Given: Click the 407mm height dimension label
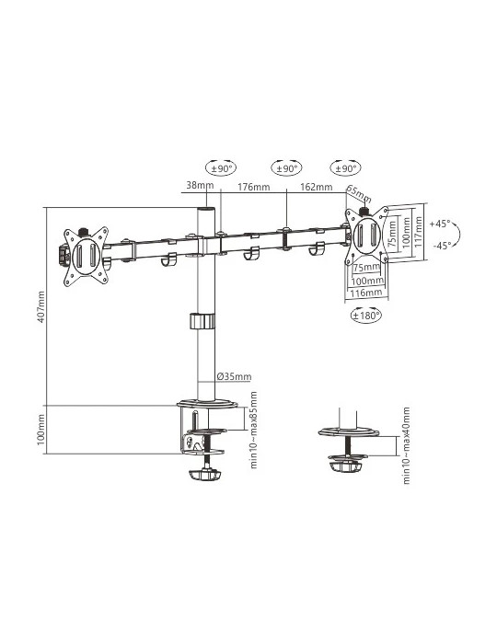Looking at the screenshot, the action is coord(41,306).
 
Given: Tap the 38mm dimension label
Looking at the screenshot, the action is coord(200,185).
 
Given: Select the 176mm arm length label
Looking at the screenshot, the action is coord(254,187).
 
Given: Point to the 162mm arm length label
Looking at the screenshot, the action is coord(317,187).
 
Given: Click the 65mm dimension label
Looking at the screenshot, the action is coord(359,194).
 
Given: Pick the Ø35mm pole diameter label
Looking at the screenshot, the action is coord(234,376).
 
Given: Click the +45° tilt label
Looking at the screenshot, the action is coord(440,224).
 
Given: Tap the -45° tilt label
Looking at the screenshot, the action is coord(442,246).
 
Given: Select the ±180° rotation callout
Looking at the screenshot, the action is coord(366,316).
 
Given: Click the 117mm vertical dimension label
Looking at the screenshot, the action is coord(419,232).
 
